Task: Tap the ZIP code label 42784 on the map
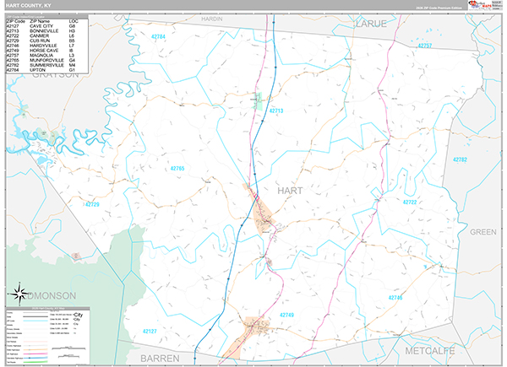pos(158,38)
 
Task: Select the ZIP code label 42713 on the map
pos(276,111)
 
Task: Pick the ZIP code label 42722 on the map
pos(410,202)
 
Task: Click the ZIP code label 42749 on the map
pos(286,315)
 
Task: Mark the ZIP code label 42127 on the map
pos(150,331)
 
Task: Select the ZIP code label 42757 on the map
pos(424,46)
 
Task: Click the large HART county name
pos(289,191)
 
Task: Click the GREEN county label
pos(482,231)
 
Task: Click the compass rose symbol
pos(18,295)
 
